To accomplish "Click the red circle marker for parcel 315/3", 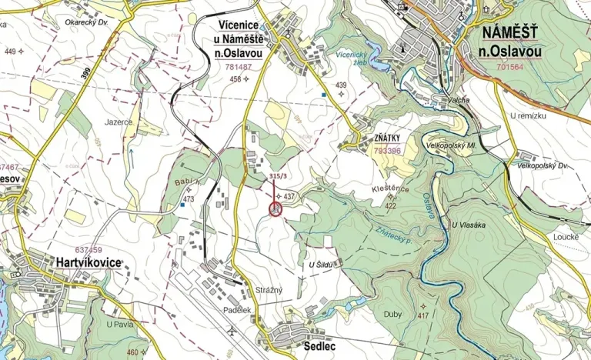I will [x=276, y=210].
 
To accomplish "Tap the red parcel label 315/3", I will [x=278, y=176].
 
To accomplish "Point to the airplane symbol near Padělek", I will [x=232, y=331].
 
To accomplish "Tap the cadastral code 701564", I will [x=509, y=67].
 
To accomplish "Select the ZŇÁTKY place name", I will [x=387, y=139].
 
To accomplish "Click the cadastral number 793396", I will [x=388, y=151].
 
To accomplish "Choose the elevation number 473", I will [x=188, y=199].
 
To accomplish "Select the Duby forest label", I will [x=392, y=314].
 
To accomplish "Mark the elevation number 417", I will [x=423, y=316].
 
